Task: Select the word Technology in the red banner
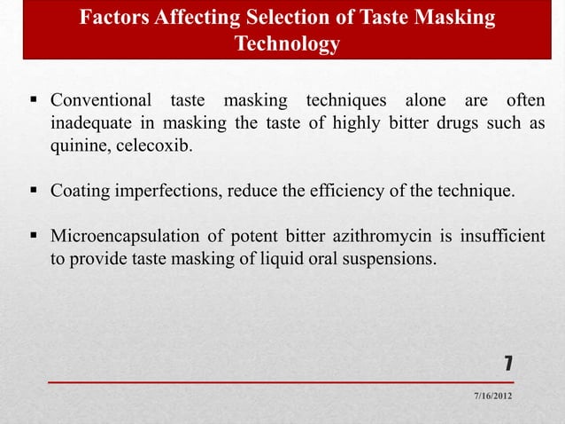coord(287,44)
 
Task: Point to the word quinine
coord(79,145)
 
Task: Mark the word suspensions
coord(391,262)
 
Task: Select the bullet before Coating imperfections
coord(35,191)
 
